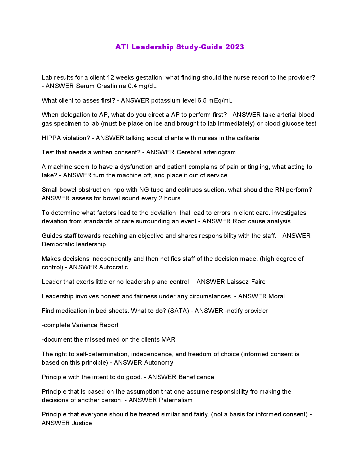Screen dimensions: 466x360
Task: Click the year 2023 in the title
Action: click(x=234, y=47)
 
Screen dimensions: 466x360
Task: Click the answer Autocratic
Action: click(x=113, y=267)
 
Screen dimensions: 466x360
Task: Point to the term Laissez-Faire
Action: click(x=246, y=282)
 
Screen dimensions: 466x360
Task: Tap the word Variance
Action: click(x=85, y=325)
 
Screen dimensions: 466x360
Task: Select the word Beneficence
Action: click(x=196, y=377)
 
